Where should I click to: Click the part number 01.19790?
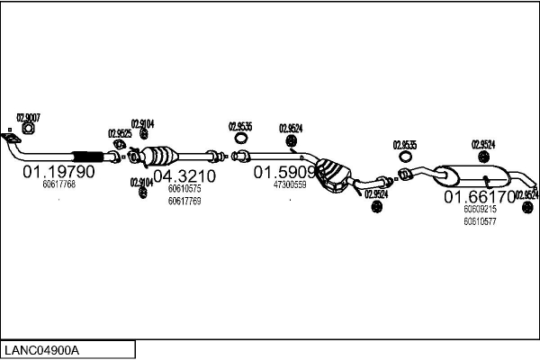58,172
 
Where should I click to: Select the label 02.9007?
28,117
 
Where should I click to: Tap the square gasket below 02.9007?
27,130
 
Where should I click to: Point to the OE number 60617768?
58,184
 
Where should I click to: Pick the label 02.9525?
120,133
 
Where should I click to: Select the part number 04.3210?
184,175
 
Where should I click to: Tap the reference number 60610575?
184,189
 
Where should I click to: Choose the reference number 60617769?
184,201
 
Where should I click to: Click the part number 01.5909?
284,171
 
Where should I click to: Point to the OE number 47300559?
290,184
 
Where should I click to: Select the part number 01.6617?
478,196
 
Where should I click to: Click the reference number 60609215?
480,209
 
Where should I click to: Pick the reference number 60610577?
480,220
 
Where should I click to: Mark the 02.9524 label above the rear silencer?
483,143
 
